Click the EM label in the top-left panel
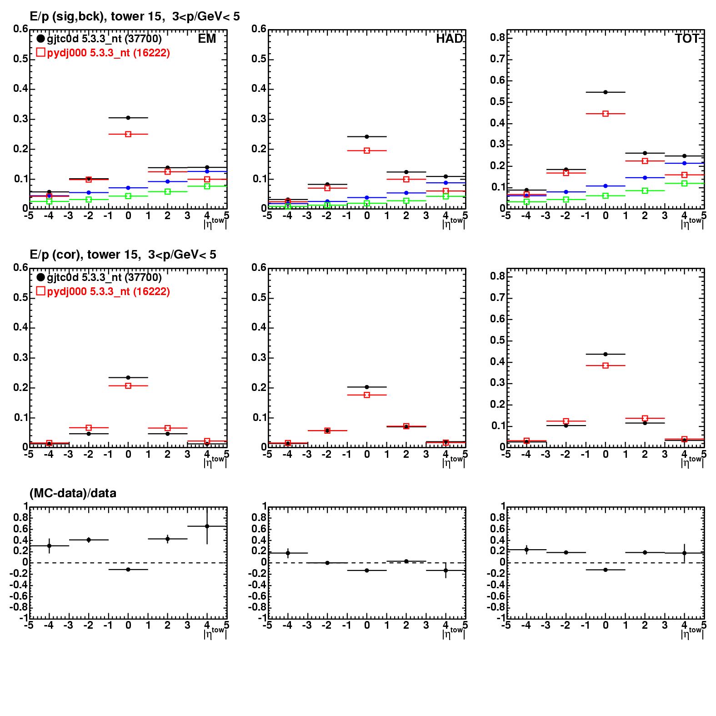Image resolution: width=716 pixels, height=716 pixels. pyautogui.click(x=207, y=39)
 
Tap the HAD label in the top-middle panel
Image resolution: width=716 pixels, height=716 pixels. pyautogui.click(x=449, y=39)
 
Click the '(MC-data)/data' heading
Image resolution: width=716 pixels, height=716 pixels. pyautogui.click(x=73, y=493)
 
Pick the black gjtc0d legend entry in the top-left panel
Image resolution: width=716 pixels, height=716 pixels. pyautogui.click(x=99, y=39)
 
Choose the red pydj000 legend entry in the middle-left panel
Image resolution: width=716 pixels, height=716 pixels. pyautogui.click(x=103, y=291)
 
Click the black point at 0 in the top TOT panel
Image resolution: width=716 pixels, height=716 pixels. pyautogui.click(x=606, y=92)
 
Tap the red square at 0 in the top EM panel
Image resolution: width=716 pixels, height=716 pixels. pyautogui.click(x=128, y=134)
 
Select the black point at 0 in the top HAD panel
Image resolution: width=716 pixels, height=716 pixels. pyautogui.click(x=367, y=136)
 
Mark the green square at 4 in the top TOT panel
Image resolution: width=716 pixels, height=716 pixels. pyautogui.click(x=684, y=183)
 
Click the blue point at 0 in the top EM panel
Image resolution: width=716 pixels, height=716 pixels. pyautogui.click(x=128, y=188)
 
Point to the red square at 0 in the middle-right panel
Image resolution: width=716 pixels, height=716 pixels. pyautogui.click(x=606, y=366)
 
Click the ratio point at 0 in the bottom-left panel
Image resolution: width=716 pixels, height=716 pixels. pyautogui.click(x=128, y=570)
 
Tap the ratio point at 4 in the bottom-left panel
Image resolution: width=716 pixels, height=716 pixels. pyautogui.click(x=207, y=526)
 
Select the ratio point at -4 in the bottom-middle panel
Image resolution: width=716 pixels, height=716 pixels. pyautogui.click(x=288, y=553)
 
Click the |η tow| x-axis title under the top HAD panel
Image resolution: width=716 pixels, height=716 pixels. pyautogui.click(x=453, y=223)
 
